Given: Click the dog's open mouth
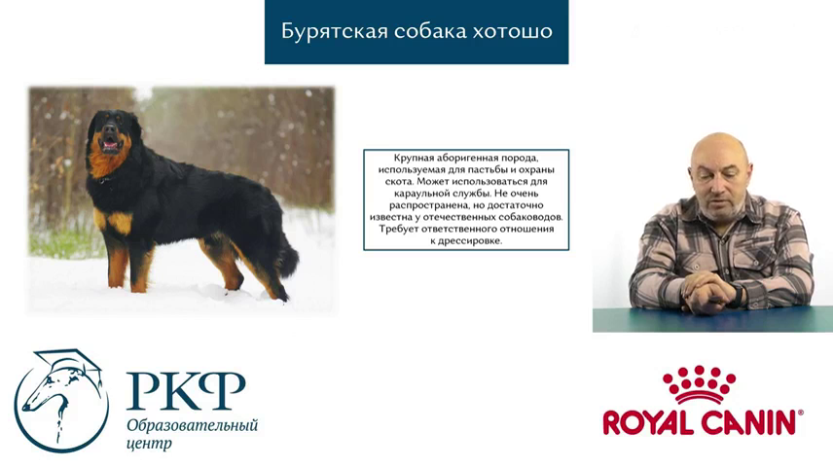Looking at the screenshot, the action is [111, 142].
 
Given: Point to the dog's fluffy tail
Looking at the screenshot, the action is [287, 256].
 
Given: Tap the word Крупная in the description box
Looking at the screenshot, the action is [414, 159].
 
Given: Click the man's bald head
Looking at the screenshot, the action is [720, 154].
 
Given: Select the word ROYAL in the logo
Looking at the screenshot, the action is [649, 422].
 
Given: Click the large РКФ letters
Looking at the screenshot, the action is [186, 391].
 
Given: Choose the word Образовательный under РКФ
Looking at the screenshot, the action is [193, 426].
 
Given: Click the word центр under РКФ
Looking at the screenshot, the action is [149, 444].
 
